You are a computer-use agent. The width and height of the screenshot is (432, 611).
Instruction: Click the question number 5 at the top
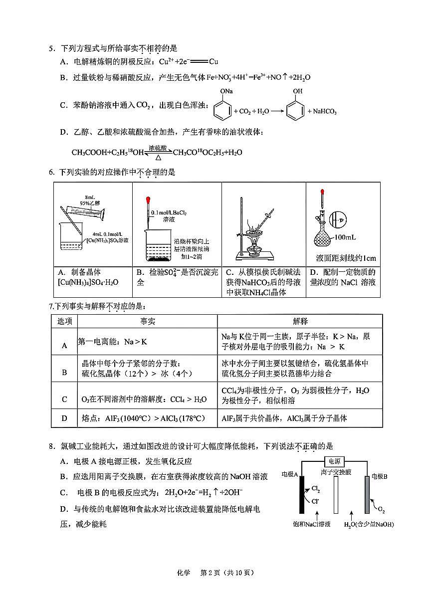(50, 49)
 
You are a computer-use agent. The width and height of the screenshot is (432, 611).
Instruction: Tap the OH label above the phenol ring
(297, 92)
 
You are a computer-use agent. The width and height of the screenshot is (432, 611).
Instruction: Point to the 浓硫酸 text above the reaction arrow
(158, 148)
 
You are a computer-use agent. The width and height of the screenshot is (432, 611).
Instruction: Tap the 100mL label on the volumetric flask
(345, 236)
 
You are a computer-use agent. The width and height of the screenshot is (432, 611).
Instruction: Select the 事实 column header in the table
(147, 321)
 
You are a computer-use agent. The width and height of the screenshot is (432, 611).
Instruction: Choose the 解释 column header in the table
(300, 321)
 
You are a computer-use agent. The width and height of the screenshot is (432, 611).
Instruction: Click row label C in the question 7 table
(64, 399)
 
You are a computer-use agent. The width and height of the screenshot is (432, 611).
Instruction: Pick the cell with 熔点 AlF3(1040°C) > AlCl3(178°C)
(143, 418)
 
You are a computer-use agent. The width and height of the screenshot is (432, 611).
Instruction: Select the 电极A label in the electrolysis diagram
(290, 475)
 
